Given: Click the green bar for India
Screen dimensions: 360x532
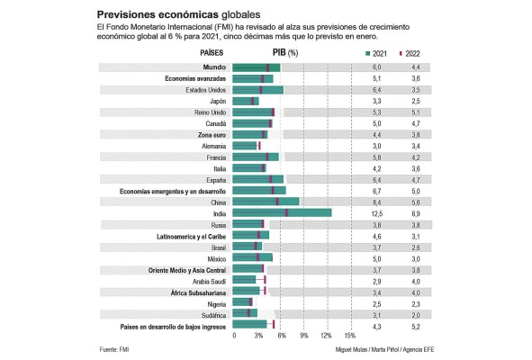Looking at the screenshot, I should pyautogui.click(x=282, y=212).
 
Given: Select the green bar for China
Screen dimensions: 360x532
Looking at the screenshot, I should pyautogui.click(x=266, y=202).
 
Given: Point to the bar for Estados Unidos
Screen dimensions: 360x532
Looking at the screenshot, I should pyautogui.click(x=257, y=90).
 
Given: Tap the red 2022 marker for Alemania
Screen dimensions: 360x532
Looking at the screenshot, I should pyautogui.click(x=259, y=145).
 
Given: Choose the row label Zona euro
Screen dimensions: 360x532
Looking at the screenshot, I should pyautogui.click(x=208, y=134).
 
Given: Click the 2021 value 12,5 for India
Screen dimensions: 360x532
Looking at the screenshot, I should pyautogui.click(x=378, y=212).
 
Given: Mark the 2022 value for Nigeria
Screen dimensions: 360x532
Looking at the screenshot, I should pyautogui.click(x=415, y=302).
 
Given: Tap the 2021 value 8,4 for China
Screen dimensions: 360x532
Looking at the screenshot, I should pyautogui.click(x=378, y=202).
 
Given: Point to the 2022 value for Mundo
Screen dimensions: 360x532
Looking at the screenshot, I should pyautogui.click(x=415, y=67).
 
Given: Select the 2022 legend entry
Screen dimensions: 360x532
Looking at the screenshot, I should pyautogui.click(x=410, y=53).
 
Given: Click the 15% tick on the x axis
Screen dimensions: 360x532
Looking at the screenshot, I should pyautogui.click(x=350, y=335).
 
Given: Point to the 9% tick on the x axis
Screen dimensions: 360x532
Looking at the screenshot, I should pyautogui.click(x=303, y=335).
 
